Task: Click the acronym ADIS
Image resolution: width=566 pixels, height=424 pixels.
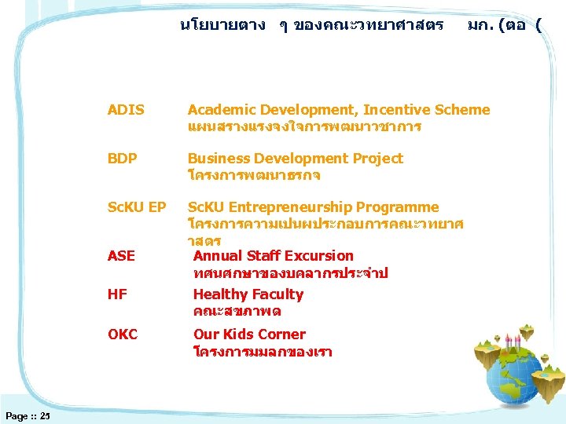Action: click(x=126, y=110)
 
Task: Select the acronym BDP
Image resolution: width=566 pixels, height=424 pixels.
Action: click(x=123, y=159)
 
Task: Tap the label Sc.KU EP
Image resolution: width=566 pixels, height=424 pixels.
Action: click(x=137, y=207)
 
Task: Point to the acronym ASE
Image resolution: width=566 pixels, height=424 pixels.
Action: click(x=121, y=256)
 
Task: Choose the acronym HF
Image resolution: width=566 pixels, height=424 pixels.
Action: click(x=117, y=294)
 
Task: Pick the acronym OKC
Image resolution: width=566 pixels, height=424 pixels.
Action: click(x=123, y=334)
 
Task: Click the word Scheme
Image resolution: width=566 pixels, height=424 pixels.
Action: click(x=459, y=110)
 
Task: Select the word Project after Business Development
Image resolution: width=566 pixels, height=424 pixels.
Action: click(x=375, y=159)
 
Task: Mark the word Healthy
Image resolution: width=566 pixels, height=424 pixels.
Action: click(x=220, y=294)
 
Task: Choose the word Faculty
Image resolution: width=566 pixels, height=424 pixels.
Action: click(x=277, y=294)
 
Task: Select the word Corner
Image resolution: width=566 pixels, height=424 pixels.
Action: click(x=282, y=334)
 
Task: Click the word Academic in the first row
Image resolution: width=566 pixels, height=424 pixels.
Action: click(x=222, y=110)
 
